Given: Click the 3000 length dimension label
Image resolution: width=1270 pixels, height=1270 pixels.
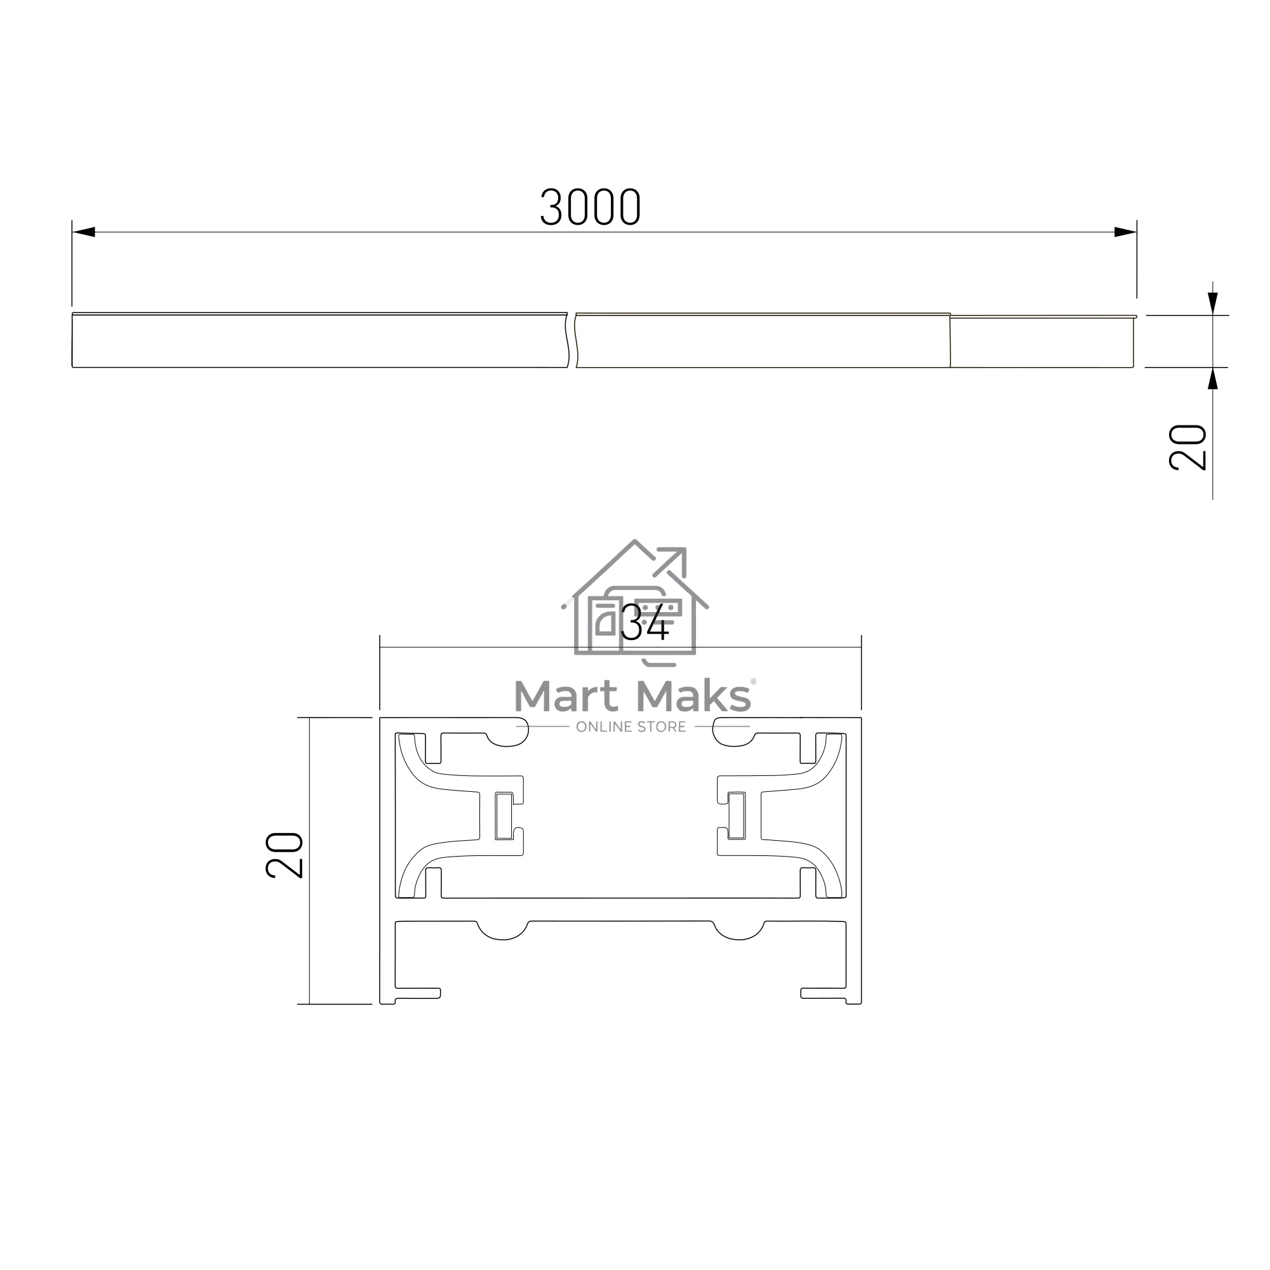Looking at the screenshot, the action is tap(591, 207).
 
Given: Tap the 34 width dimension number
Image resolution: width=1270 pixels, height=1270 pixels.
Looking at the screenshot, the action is tap(645, 622).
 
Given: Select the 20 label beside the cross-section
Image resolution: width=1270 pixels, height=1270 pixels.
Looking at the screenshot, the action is tap(284, 855).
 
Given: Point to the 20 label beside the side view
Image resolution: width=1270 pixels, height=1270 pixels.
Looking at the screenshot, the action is tap(1188, 447).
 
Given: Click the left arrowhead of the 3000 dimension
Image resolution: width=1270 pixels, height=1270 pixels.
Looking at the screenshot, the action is tap(83, 232).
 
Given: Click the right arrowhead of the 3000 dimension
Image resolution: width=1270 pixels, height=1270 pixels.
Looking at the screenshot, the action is tap(1125, 232).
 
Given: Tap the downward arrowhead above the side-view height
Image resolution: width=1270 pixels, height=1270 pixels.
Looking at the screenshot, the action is tap(1213, 304).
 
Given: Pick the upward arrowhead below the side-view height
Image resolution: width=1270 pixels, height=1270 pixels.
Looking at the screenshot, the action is tap(1213, 378).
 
